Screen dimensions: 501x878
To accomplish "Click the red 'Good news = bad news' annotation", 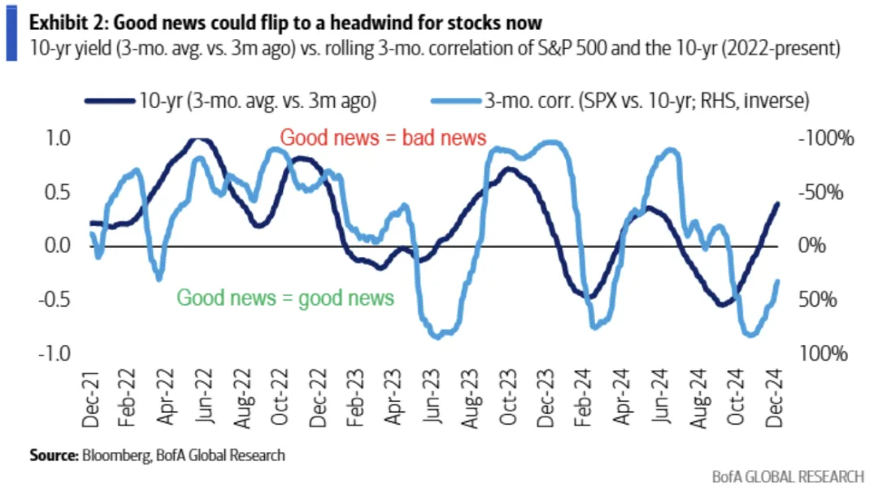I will [x=383, y=137].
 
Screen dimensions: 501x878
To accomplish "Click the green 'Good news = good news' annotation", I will [x=285, y=298].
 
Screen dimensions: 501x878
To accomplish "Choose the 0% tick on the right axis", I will [x=820, y=246].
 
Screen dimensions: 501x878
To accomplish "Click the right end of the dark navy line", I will [x=777, y=203].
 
